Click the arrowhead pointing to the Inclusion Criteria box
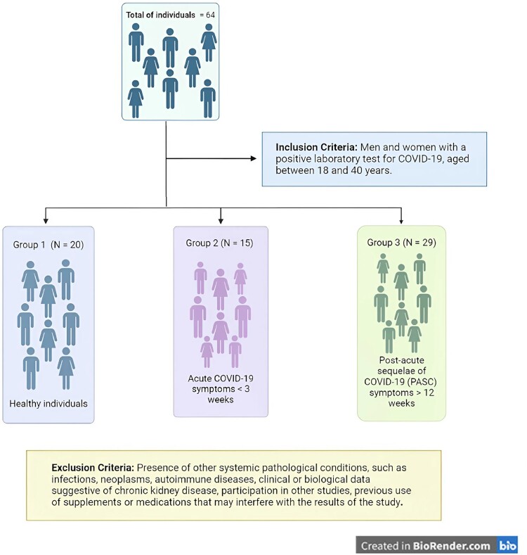254,158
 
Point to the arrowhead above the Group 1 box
46,219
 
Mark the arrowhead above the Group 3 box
401,219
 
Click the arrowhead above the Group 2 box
221,219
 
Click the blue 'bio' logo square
507,545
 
